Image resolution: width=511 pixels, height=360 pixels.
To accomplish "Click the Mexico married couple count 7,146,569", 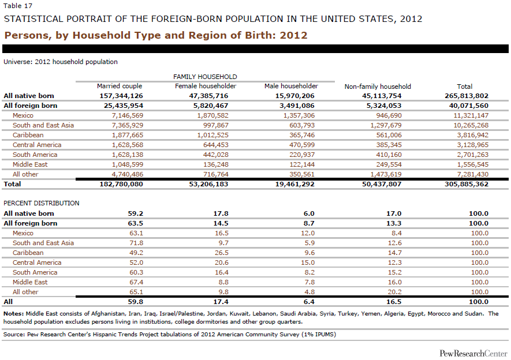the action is coord(128,115).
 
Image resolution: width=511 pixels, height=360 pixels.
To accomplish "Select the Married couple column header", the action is coord(120,87).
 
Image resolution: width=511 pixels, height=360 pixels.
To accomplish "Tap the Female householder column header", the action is coord(206,87).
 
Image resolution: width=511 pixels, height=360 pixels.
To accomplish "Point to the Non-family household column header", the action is coord(378,87).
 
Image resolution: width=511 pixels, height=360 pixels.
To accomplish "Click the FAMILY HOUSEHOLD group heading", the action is coord(205,77).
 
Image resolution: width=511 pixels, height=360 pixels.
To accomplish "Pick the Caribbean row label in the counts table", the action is coord(28,135).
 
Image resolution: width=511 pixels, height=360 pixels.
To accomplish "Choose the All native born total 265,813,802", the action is coord(467,96).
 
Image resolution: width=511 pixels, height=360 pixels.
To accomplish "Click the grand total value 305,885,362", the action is coord(467,184).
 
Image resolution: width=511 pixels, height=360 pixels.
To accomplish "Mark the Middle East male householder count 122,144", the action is coord(302,164).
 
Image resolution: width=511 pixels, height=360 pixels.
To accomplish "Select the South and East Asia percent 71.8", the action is coord(136,243).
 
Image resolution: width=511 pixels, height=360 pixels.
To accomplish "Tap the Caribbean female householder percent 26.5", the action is coord(222,253).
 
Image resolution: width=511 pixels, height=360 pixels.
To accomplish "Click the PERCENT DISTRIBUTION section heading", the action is coord(42,203).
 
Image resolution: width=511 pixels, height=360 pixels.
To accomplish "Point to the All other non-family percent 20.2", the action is coord(394,292).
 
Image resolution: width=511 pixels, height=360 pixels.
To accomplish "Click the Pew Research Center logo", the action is coord(473,353).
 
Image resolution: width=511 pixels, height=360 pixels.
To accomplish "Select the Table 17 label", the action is coord(18,6).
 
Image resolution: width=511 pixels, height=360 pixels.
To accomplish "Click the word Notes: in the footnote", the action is coord(14,314).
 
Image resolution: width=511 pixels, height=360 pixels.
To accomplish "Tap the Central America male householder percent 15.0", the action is coord(308,262).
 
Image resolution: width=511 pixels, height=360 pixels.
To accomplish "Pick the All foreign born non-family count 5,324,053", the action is coord(382,106).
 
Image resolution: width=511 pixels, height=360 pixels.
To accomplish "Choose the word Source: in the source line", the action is coord(14,334).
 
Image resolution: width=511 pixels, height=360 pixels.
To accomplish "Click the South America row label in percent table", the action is coord(35,272).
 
